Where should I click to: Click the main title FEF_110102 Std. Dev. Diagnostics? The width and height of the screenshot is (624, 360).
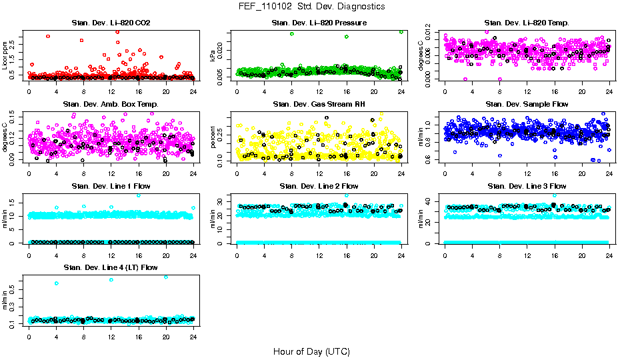point(311,7)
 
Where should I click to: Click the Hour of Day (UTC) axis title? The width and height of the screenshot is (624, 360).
point(311,351)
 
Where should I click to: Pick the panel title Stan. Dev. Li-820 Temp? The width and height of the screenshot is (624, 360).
point(527,23)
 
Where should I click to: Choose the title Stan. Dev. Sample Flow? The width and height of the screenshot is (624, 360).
point(527,105)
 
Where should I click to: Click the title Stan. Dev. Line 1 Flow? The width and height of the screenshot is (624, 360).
point(111,186)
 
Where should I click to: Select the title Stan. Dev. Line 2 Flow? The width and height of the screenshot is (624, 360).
point(319,186)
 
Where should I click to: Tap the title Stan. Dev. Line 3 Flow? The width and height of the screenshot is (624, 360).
point(527,186)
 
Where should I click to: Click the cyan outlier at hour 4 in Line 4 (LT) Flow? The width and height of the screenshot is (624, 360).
point(57,283)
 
